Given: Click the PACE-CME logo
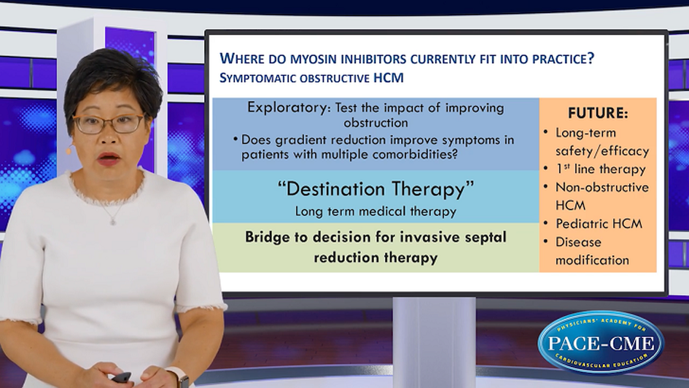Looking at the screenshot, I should pos(601,342).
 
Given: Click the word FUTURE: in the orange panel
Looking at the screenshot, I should pos(598,114).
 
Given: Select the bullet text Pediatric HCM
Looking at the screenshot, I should pos(599,223).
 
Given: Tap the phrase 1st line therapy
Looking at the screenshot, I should pos(601,169).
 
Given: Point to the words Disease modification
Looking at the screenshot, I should pos(592,251).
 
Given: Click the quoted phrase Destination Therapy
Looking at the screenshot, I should pos(376,189).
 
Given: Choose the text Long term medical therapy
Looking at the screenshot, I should pos(376,212).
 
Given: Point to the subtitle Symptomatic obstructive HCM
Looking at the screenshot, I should pos(311,78).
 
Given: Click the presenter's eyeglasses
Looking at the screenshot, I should pos(108,123).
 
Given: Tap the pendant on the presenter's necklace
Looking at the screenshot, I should pos(113,221).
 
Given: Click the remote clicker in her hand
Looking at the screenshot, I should pos(122,377).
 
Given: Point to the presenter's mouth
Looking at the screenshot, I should pos(109,159).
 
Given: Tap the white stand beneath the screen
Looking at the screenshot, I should pos(434,341).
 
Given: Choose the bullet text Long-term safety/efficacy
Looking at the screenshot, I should pos(601,142).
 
